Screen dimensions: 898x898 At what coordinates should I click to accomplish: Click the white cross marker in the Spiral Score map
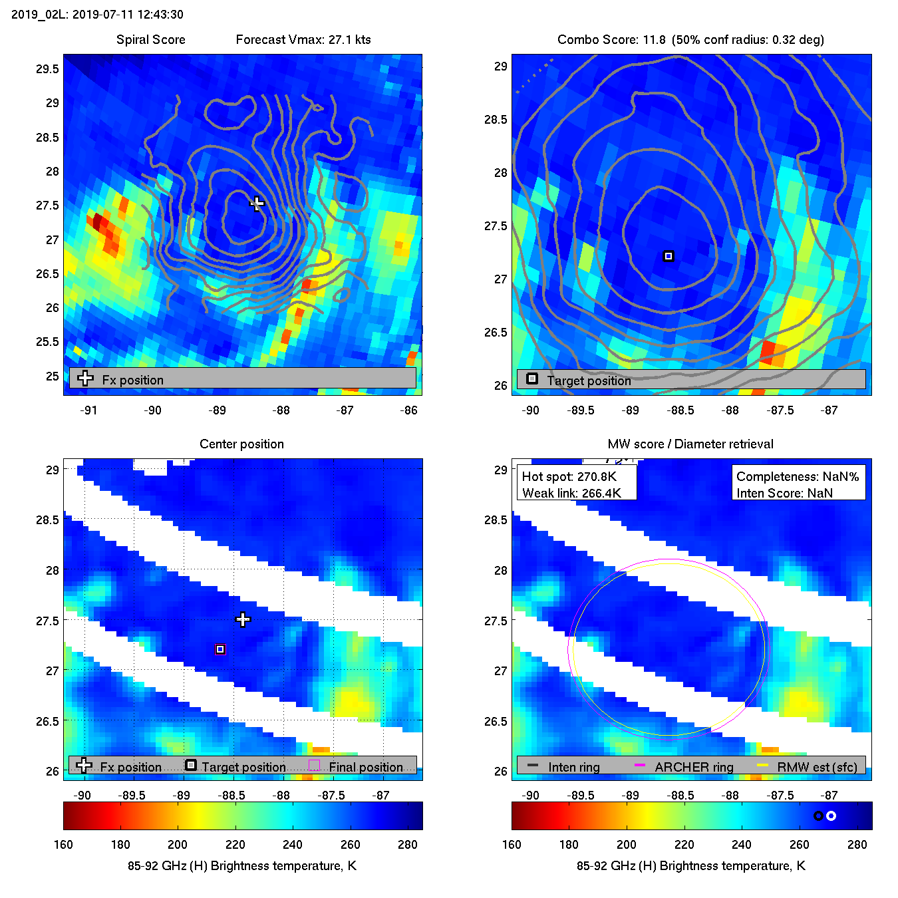point(257,203)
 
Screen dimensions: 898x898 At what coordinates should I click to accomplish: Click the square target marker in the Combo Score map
point(669,256)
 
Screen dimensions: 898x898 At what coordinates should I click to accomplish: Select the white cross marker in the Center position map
point(243,620)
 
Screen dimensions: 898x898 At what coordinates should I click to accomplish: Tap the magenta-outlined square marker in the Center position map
point(220,649)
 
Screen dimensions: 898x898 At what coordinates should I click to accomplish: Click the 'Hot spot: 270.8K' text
point(569,476)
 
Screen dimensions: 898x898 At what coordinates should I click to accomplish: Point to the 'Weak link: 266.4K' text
point(571,493)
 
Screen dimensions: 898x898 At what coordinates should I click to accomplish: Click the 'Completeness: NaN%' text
point(798,476)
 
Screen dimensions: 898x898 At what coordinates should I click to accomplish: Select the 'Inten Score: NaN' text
point(784,493)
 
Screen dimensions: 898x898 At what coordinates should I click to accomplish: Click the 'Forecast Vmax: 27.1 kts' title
point(303,39)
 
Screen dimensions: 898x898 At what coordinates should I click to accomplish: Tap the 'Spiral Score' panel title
point(151,39)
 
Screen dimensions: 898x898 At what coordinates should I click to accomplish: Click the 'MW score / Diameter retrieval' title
point(690,444)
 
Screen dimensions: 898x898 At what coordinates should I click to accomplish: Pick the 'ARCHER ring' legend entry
point(694,767)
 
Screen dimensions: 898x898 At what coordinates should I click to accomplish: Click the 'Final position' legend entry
point(365,767)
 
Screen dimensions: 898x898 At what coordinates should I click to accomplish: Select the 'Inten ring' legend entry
point(573,767)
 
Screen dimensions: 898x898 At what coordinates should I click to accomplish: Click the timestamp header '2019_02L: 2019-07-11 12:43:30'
point(97,14)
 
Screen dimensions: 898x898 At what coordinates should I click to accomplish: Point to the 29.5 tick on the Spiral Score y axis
point(47,69)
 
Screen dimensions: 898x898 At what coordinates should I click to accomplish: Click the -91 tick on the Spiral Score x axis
point(88,410)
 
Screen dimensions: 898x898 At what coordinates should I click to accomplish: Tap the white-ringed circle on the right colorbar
point(831,816)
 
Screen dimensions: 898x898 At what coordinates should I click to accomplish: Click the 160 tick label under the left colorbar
point(63,844)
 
